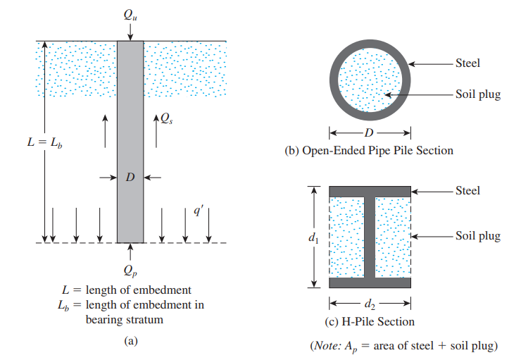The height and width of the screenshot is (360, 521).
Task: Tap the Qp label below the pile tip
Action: coord(130,271)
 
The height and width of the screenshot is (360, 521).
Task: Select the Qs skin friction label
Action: coord(166,120)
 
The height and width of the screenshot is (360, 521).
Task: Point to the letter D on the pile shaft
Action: coord(130,178)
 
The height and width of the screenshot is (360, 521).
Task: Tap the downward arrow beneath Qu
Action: coord(130,31)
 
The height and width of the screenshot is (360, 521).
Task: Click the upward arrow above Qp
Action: coord(130,250)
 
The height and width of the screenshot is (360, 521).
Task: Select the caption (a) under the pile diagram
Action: coord(130,340)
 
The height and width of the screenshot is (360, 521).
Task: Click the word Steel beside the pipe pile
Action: coord(467,63)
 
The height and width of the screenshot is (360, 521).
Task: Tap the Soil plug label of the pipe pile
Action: coord(477,94)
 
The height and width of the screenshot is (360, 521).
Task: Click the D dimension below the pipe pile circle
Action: coord(370,132)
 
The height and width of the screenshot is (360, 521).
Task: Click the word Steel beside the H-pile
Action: coord(467,190)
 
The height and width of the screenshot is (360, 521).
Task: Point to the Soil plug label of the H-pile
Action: coord(477,236)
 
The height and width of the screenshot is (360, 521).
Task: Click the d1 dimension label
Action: coord(313,239)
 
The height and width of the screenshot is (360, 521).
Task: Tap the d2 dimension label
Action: coord(370,305)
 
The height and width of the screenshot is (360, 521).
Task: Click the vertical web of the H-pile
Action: coord(370,237)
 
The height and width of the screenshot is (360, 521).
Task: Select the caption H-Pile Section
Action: coord(369,322)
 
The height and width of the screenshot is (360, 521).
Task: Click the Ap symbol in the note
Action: coord(348,346)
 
